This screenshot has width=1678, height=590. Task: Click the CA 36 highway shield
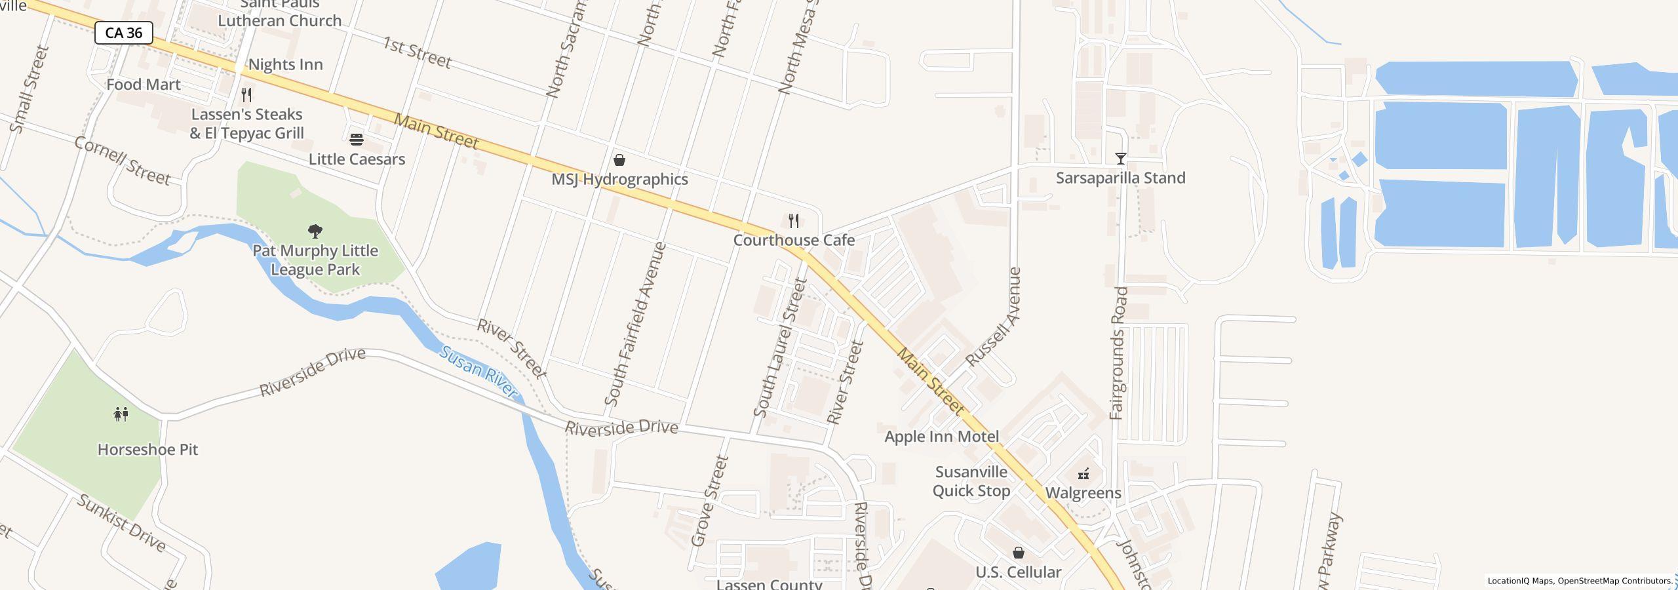(123, 33)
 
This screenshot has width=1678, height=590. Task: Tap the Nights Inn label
(285, 64)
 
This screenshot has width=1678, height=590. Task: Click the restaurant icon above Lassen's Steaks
(246, 95)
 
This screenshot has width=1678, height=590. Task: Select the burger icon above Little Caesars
(357, 139)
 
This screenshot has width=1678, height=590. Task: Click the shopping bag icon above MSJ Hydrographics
(619, 160)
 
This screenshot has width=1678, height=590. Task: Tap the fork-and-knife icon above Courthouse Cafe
(794, 220)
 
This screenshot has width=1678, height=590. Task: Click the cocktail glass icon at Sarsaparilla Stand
(1120, 159)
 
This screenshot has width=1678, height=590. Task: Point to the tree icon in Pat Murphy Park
(315, 231)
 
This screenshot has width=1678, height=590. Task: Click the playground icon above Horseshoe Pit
(121, 414)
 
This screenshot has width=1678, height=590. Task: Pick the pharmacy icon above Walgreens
(1083, 473)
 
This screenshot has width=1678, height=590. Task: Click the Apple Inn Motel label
(941, 437)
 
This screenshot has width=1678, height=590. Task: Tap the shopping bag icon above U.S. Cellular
(1019, 553)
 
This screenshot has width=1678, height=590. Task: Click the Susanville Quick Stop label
(971, 481)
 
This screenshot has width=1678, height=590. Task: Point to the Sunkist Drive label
(121, 523)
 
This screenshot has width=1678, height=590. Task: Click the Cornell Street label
(123, 161)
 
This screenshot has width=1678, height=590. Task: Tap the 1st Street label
(418, 53)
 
